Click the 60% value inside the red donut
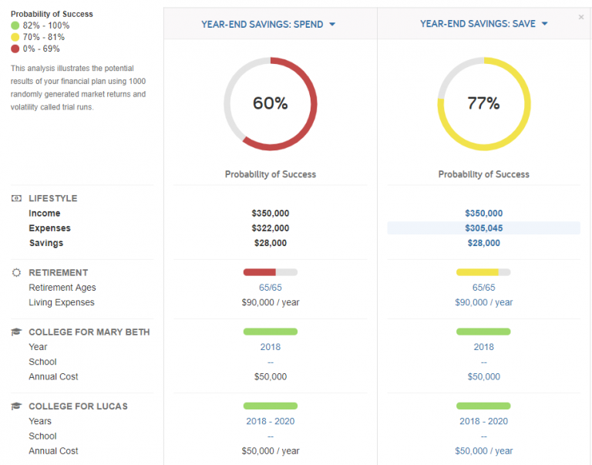pos(270,103)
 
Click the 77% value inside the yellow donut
pos(483,103)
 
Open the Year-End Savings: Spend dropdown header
pos(268,24)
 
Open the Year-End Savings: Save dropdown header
pos(483,24)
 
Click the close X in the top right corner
pos(581,17)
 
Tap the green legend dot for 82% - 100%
pos(15,25)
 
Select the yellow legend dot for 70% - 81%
pos(15,37)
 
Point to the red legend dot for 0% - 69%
pos(15,49)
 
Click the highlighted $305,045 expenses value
pos(483,228)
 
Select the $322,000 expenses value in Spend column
pos(270,228)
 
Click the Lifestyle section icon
pos(16,198)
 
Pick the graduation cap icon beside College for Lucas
pos(16,406)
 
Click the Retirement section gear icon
pos(16,272)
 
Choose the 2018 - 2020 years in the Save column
pos(483,421)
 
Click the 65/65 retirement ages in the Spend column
pos(270,288)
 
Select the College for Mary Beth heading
pos(89,332)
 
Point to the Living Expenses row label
pos(61,302)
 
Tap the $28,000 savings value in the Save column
pos(483,243)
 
